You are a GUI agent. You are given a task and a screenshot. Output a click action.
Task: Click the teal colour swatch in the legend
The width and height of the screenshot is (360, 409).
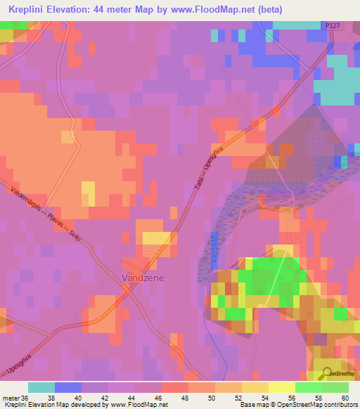pyautogui.click(x=41, y=387)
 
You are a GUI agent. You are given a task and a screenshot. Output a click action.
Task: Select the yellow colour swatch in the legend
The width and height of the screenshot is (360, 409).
pyautogui.click(x=281, y=387)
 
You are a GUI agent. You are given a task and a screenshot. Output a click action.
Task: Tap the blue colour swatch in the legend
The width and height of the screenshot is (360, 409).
pyautogui.click(x=68, y=387)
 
